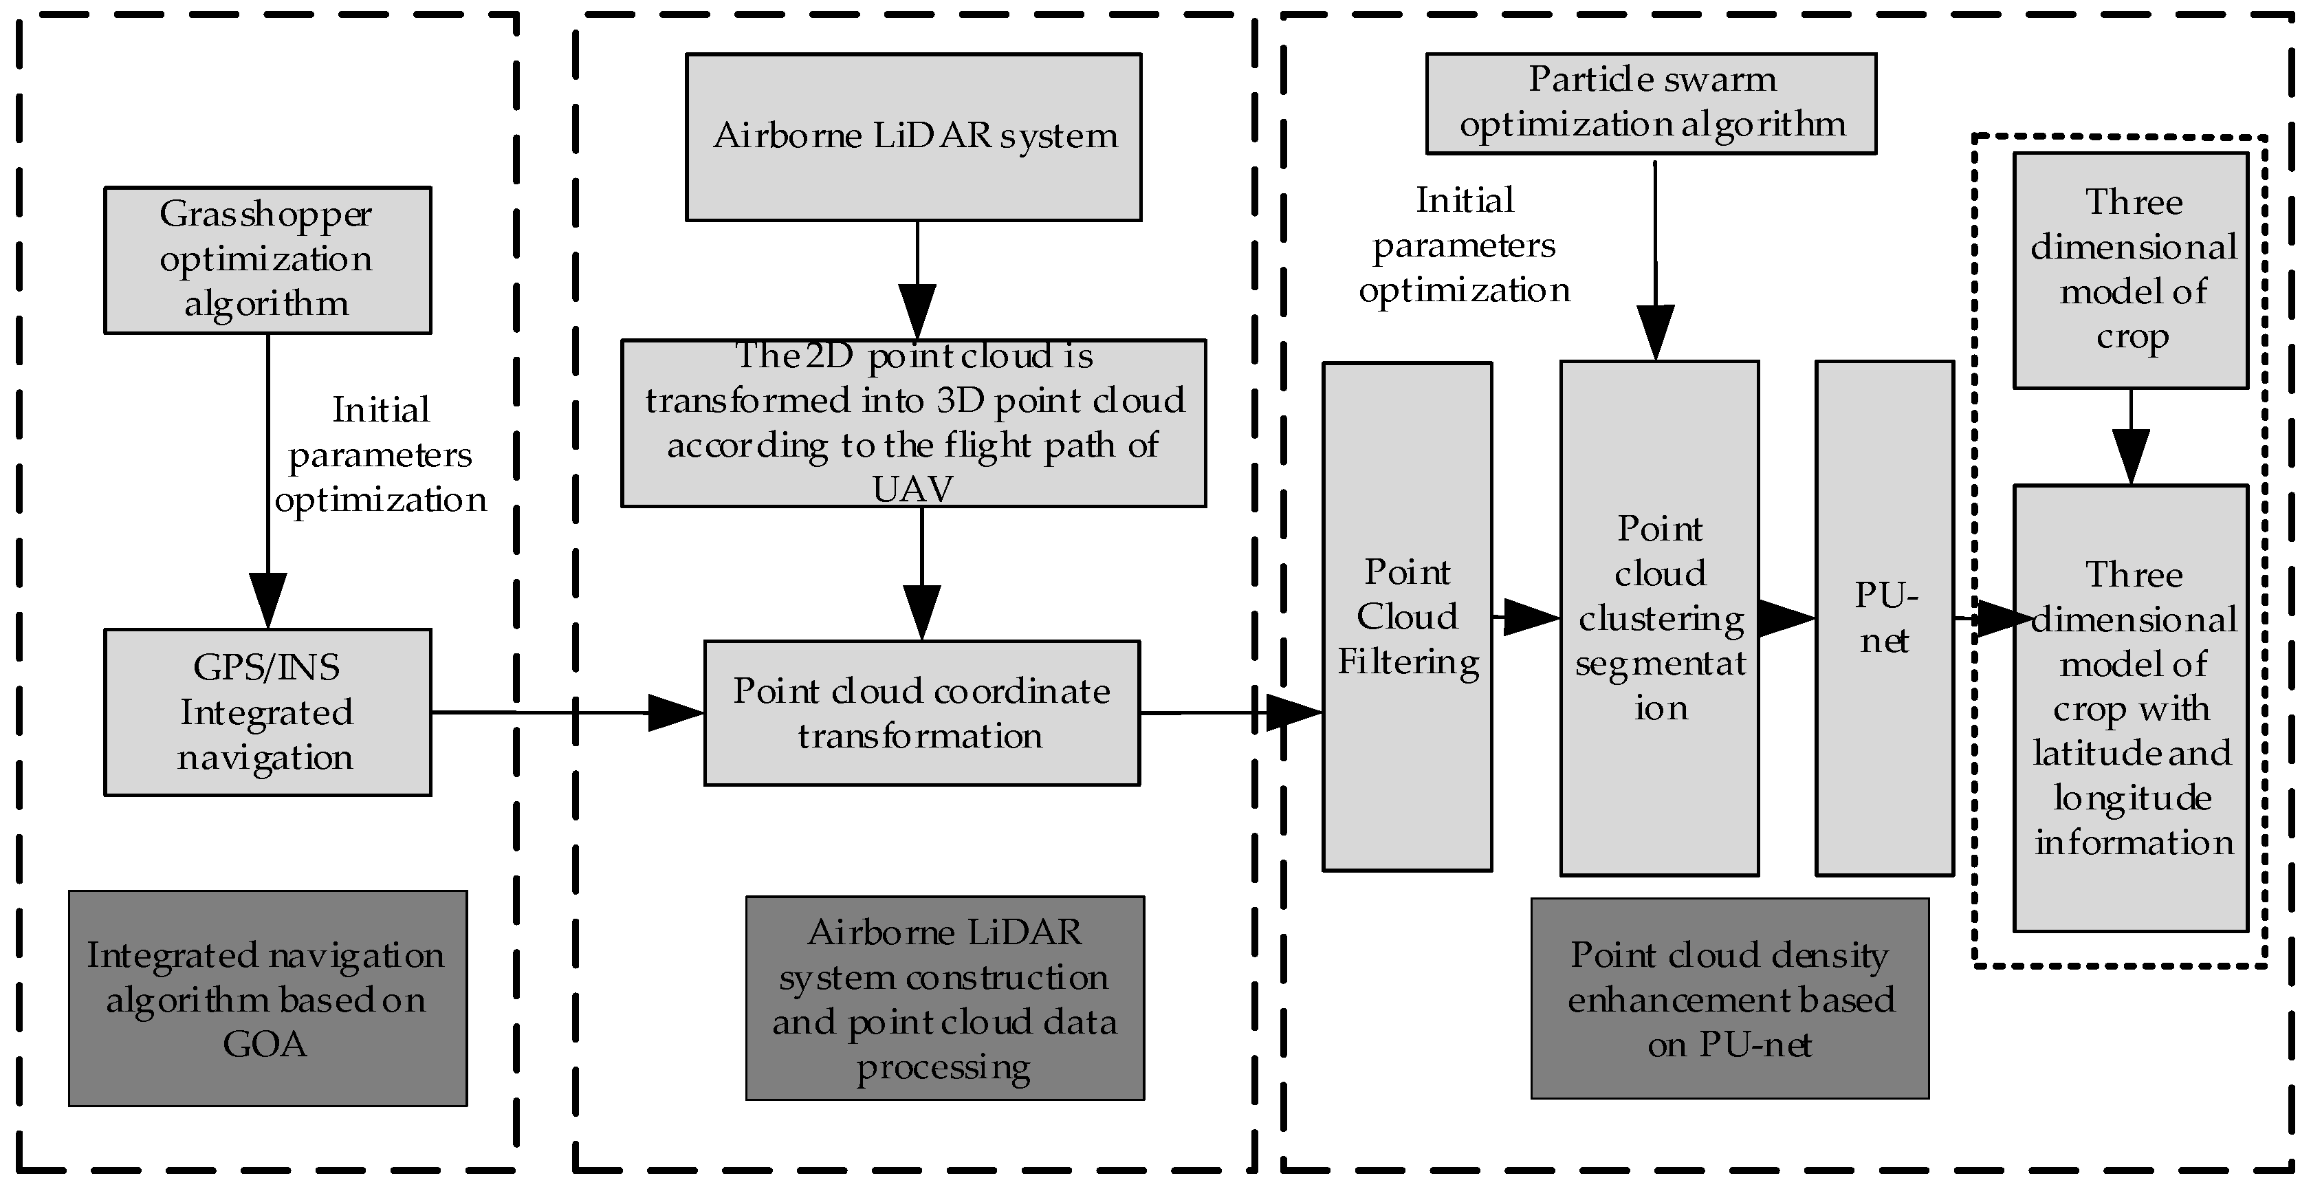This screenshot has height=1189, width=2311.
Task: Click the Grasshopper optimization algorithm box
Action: tap(267, 260)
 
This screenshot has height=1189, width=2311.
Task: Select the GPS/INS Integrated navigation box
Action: tap(267, 712)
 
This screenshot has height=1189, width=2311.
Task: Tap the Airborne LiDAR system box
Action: tap(913, 136)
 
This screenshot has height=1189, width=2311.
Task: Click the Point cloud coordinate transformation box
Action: tap(921, 712)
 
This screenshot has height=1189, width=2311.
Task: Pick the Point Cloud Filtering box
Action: tap(1407, 615)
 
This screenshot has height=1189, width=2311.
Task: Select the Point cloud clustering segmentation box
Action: tap(1658, 618)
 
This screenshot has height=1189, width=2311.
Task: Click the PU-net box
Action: tap(1884, 618)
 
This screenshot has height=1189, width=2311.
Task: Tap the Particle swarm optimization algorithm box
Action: tap(1651, 102)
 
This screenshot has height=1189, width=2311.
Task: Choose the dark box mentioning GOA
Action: tap(267, 998)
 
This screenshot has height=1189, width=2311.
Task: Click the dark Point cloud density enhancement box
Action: tap(1730, 998)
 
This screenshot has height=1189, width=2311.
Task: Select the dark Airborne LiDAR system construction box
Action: tap(945, 998)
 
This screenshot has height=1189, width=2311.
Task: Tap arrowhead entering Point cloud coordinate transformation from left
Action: tap(675, 712)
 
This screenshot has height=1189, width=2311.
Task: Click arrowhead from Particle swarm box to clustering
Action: tap(1655, 332)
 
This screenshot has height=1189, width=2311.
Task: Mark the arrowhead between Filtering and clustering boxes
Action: tap(1531, 618)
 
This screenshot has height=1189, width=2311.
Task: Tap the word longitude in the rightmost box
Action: tap(2132, 798)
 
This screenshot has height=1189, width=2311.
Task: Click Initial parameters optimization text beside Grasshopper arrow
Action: tap(380, 455)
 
